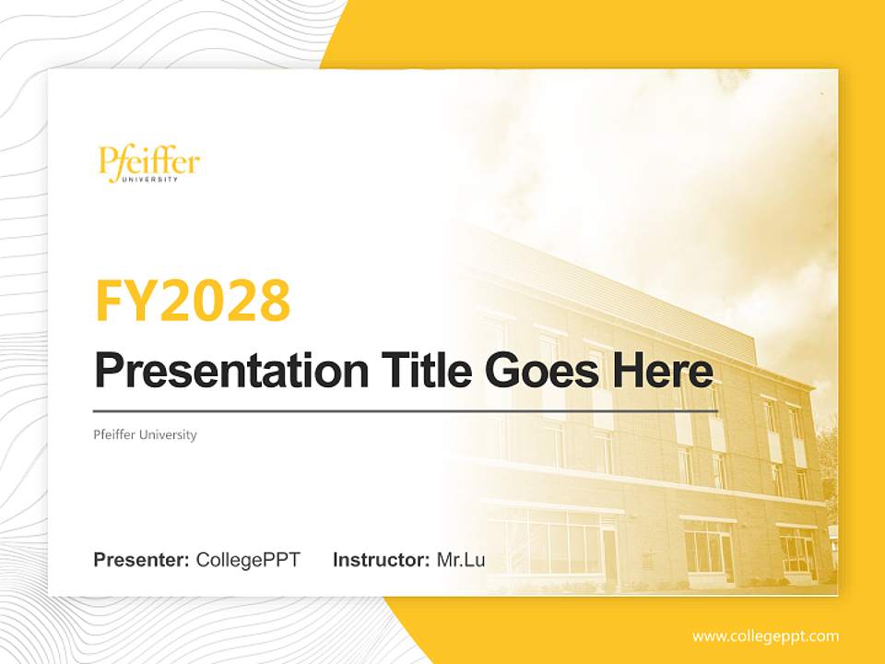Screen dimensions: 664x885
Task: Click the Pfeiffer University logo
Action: pos(148,164)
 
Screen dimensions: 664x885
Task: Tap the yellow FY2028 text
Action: pos(193,301)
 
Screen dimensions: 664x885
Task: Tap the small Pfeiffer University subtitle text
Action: pos(145,434)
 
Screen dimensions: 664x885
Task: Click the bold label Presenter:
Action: pos(142,560)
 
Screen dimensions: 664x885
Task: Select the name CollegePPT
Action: pos(248,560)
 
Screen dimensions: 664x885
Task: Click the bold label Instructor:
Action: pos(381,560)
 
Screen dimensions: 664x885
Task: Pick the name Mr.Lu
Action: pos(461,560)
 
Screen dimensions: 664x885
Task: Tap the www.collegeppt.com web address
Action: pos(765,635)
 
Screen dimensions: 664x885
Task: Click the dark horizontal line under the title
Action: pos(406,410)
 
